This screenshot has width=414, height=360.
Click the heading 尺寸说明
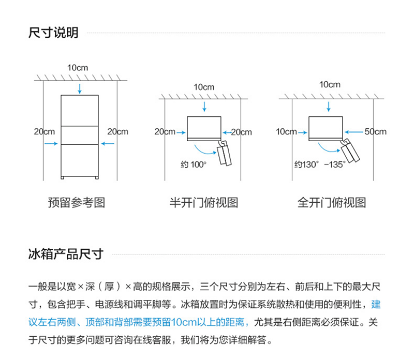pyautogui.click(x=53, y=33)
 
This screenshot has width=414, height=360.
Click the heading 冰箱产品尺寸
pyautogui.click(x=66, y=254)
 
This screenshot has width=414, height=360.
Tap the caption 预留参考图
pyautogui.click(x=76, y=203)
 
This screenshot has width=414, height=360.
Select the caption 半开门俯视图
pyautogui.click(x=203, y=203)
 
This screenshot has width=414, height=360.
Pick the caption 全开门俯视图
pyautogui.click(x=332, y=203)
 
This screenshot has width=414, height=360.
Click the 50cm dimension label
pyautogui.click(x=375, y=131)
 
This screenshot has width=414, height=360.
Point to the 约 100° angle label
pyautogui.click(x=194, y=164)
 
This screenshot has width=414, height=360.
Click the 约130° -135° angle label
pyautogui.click(x=320, y=164)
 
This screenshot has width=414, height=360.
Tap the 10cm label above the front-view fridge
pyautogui.click(x=78, y=68)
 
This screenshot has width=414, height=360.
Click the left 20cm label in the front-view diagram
pyautogui.click(x=45, y=131)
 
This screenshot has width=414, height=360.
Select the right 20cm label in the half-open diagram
pyautogui.click(x=241, y=132)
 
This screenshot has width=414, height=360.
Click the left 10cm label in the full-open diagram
pyautogui.click(x=286, y=131)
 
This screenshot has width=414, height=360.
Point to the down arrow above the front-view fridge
pyautogui.click(x=80, y=88)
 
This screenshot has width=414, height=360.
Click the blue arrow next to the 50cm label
pyautogui.click(x=354, y=132)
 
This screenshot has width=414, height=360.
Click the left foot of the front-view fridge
pyautogui.click(x=63, y=178)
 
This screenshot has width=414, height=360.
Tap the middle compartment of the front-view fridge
pyautogui.click(x=80, y=135)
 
